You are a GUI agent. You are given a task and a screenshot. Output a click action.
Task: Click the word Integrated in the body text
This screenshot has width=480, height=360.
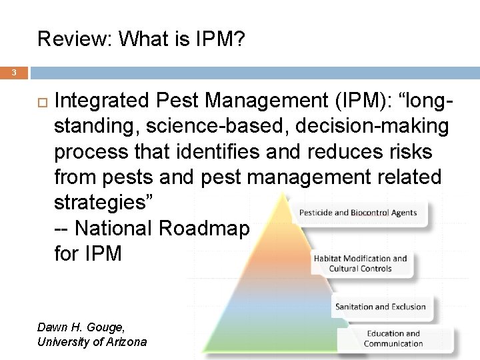[x=103, y=101]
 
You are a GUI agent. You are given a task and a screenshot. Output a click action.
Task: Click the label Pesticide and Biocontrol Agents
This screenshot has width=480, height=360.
[x=358, y=213]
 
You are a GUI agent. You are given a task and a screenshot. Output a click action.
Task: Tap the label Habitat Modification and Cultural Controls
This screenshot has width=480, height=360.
[x=360, y=263]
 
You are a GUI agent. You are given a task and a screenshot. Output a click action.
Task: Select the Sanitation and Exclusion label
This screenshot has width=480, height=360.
[x=380, y=307]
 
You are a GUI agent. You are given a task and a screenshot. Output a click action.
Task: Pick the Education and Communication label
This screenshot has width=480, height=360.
[x=393, y=339]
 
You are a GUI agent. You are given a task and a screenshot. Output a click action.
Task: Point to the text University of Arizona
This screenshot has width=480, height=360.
[x=92, y=342]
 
